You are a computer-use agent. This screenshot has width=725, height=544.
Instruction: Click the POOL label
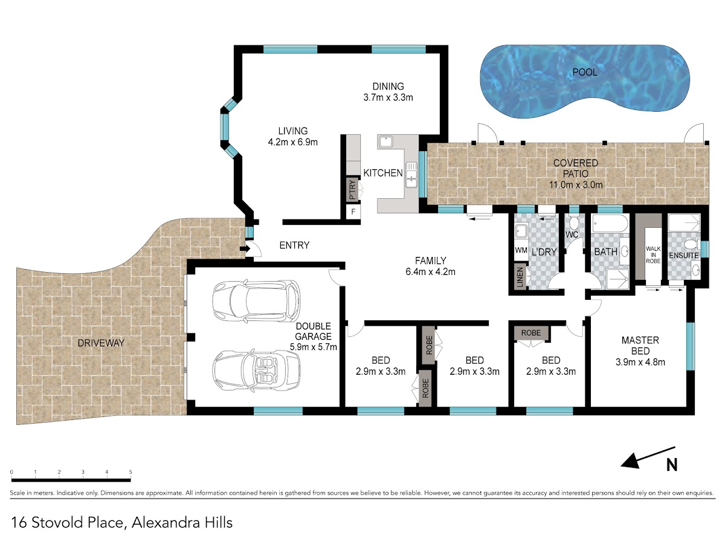coord(585,72)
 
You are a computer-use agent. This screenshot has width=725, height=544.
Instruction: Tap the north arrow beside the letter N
coord(648,458)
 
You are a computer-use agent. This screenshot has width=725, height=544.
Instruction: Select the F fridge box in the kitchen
coord(353,212)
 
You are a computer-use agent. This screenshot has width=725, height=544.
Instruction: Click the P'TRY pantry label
coord(352,190)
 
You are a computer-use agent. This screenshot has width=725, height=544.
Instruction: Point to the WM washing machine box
coord(521,250)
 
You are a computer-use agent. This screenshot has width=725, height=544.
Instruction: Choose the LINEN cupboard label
coord(520,277)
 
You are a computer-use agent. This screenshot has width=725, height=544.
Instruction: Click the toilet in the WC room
coord(574,222)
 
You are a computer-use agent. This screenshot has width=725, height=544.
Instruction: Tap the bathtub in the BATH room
coord(610,224)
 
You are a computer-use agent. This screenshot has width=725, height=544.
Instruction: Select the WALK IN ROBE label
coord(653,254)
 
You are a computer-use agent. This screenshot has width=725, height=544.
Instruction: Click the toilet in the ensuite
coord(691,244)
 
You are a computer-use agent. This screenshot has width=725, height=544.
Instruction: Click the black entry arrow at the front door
coord(245,248)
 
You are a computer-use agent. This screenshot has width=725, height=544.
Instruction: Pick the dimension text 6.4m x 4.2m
coord(430,271)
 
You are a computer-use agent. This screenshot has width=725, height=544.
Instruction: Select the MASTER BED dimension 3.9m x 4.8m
coord(640,362)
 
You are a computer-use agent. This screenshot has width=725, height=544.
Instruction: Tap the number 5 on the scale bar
coord(130,471)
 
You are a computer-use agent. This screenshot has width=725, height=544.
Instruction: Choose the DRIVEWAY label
coord(101,343)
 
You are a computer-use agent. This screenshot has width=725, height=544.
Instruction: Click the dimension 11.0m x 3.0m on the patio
coord(576,184)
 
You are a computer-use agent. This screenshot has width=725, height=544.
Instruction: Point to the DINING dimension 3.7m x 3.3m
coord(388,97)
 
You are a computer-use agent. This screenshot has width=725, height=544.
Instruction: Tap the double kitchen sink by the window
coord(411,175)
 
